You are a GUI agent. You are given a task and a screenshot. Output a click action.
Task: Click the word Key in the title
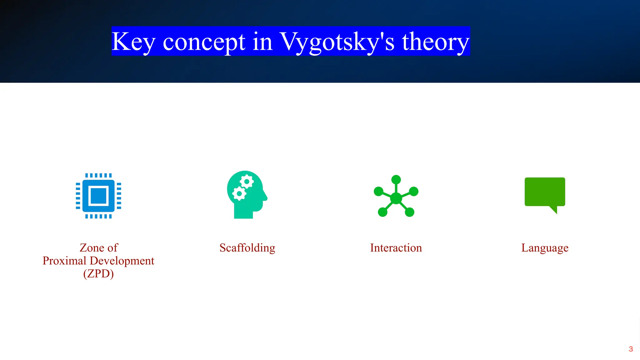point(133,42)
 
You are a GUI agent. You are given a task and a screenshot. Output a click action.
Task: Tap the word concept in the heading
point(204,42)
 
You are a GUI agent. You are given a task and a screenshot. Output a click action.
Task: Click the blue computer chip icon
point(98,196)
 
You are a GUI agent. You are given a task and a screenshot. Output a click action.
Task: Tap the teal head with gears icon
point(247,195)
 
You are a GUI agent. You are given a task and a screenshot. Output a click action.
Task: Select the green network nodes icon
point(396,196)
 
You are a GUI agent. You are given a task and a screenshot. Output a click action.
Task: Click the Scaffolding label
point(247,248)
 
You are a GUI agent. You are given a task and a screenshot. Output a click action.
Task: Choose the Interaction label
point(396,248)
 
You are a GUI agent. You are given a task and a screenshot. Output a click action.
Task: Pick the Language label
point(545,248)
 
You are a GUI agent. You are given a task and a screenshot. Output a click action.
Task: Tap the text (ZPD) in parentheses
point(98,274)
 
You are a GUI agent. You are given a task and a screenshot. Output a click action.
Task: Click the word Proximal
point(64,261)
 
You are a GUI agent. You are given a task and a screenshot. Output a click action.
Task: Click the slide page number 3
point(631,349)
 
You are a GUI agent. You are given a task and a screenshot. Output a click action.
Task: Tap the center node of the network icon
point(396,198)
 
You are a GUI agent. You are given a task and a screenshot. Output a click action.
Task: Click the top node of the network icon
point(396,180)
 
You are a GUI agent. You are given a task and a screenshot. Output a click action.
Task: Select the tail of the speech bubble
point(554,210)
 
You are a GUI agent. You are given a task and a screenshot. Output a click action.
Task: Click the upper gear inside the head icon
point(247,182)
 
